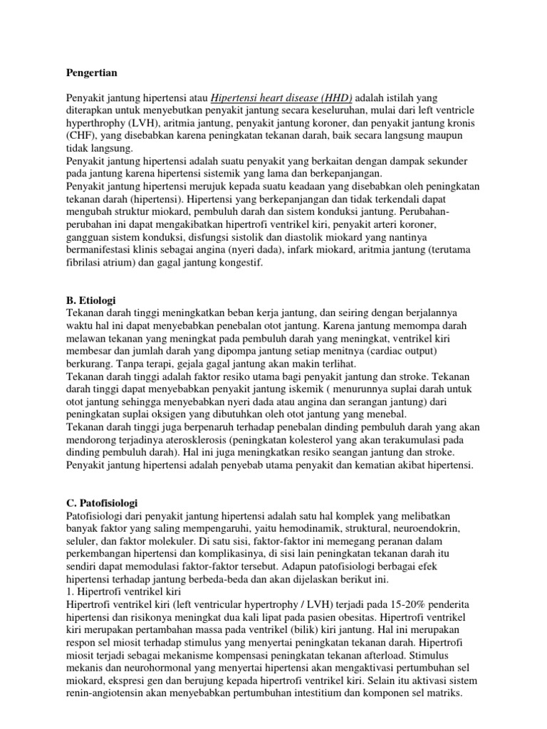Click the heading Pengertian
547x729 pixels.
[x=91, y=73]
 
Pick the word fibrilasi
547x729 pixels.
[x=87, y=263]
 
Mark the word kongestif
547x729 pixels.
[x=241, y=263]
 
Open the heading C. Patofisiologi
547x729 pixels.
[x=102, y=503]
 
